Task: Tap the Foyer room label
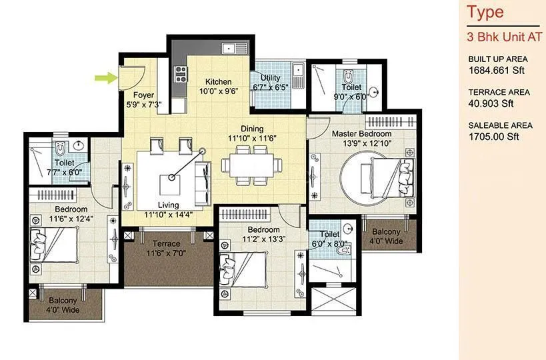143,95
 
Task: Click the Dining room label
252,129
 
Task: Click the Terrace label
166,243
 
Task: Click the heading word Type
485,12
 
